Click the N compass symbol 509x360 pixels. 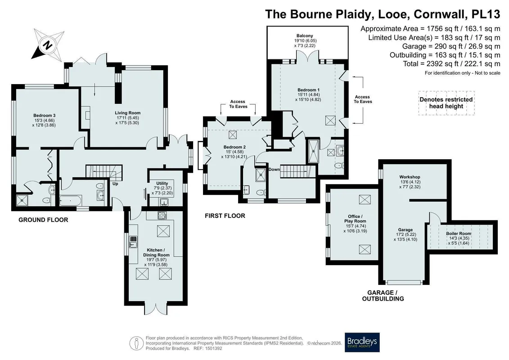click(x=48, y=45)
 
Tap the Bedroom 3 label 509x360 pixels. click(x=45, y=120)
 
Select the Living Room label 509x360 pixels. click(x=127, y=118)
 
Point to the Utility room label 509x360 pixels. click(x=162, y=188)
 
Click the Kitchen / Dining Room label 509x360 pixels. click(x=156, y=257)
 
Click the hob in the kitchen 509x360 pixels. click(x=162, y=215)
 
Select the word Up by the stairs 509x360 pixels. click(x=115, y=184)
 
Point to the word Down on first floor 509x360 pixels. click(x=274, y=170)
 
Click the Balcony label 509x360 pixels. click(x=305, y=40)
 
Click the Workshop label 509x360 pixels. click(x=410, y=182)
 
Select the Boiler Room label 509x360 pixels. click(x=458, y=238)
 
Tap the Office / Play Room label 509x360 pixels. click(x=355, y=224)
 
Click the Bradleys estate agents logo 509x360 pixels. click(x=362, y=342)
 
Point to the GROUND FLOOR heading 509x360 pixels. click(x=43, y=220)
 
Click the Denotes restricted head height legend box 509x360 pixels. click(x=446, y=103)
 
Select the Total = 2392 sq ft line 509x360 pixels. click(x=451, y=64)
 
